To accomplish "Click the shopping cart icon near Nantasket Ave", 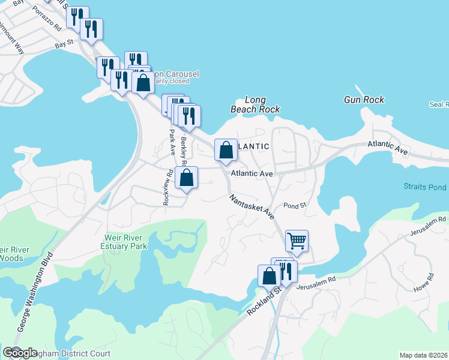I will tap(297, 241).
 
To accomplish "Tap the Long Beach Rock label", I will tap(256, 105).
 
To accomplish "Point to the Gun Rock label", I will tap(364, 100).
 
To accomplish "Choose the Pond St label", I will tap(295, 205).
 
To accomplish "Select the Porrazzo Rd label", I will tap(47, 19).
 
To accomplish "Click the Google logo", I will tap(20, 353).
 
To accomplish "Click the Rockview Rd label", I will tap(167, 188).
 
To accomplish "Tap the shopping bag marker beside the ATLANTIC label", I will tap(226, 150).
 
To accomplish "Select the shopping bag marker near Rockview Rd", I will tap(187, 178).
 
